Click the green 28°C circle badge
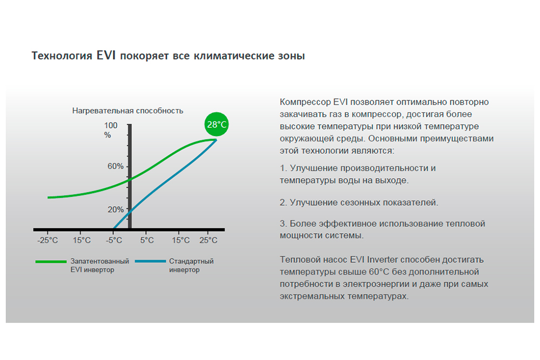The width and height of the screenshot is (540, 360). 217,124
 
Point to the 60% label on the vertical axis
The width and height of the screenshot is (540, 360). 116,166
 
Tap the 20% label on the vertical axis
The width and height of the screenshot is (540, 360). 116,209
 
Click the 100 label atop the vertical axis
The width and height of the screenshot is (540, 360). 111,125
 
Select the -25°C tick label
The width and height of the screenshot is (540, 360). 48,240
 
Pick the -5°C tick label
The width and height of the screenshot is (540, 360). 114,240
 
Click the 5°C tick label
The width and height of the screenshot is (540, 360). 147,240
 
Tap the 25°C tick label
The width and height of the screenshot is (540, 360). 208,240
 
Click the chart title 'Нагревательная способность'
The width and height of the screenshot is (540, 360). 128,111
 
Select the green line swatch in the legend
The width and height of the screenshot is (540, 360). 51,262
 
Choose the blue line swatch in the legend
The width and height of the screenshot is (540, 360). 151,262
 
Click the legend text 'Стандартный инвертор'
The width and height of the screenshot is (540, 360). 191,266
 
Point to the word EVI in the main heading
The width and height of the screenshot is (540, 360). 106,56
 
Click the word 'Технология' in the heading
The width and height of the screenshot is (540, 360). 62,56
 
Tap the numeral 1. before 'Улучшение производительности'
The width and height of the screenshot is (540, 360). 283,168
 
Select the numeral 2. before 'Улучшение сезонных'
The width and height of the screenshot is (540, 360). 283,202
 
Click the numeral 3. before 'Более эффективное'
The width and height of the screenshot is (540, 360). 283,223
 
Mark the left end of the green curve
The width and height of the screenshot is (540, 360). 48,198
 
